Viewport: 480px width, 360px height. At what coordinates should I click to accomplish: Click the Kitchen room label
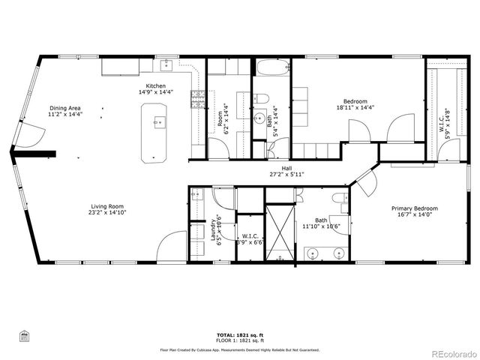click(156, 86)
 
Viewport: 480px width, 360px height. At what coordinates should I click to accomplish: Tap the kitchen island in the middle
click(158, 132)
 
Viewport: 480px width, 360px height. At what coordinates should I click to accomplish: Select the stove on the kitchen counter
click(198, 99)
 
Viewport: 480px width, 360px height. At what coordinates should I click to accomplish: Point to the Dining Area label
click(64, 108)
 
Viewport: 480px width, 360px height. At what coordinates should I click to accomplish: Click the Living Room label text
click(107, 206)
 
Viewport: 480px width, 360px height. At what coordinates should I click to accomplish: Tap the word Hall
click(286, 168)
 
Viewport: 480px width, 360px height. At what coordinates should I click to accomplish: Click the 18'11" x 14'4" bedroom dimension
click(355, 107)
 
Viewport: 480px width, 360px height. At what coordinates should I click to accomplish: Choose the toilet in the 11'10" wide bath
click(340, 201)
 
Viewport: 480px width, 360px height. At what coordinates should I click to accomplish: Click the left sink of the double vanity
click(313, 251)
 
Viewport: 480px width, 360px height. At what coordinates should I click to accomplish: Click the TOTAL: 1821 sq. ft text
click(240, 334)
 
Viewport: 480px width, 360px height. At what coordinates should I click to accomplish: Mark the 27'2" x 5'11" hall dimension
click(286, 174)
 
